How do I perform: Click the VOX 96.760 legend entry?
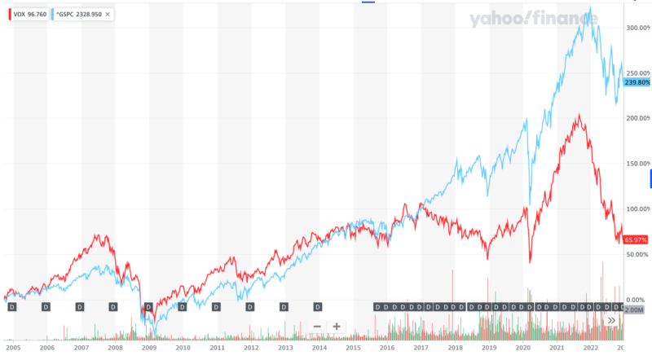pos(27,15)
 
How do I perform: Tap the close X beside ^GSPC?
pos(108,15)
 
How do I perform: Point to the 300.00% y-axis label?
pos(637,28)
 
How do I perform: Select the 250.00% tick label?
pos(637,73)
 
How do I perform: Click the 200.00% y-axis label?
pos(637,118)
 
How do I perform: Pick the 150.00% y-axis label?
pos(637,164)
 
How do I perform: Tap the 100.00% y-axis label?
pos(637,209)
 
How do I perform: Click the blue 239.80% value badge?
pos(637,82)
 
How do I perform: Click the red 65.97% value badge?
pos(637,239)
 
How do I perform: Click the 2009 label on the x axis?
pos(148,347)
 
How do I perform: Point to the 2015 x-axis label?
pos(353,347)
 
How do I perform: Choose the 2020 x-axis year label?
pos(522,347)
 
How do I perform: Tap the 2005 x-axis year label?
pos(13,347)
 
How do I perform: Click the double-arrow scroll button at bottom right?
pos(612,321)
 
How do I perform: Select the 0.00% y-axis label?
pos(639,300)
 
